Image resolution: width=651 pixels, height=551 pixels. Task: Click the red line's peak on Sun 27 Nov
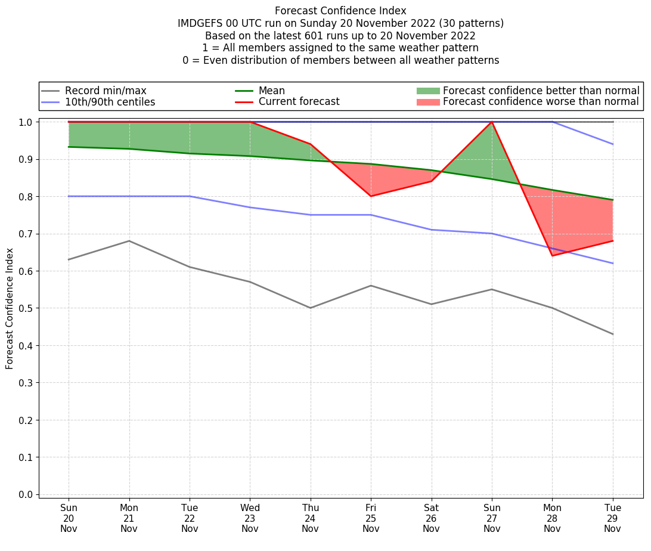point(492,122)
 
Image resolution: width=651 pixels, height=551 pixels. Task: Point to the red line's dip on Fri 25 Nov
point(371,196)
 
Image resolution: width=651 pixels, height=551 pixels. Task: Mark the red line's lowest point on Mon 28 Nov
point(552,256)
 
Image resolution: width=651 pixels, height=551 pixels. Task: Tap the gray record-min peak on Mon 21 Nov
point(129,241)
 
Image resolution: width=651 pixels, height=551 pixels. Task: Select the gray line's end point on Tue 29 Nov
point(613,334)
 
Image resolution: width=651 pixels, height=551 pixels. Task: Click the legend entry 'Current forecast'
point(299,102)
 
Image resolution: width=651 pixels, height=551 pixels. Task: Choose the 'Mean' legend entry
point(271,91)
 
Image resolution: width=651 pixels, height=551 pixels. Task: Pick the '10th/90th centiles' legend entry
point(110,102)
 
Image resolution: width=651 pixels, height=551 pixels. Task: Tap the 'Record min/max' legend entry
point(105,91)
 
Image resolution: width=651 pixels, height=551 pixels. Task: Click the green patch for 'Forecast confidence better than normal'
point(427,91)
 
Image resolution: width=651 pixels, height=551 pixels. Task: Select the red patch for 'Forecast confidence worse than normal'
point(427,102)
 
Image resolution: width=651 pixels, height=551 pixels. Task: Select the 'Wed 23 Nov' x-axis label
point(250,518)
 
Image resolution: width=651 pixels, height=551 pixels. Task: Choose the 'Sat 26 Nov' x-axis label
point(431,518)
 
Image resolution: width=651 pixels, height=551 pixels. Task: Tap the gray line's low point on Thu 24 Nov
point(310,308)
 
